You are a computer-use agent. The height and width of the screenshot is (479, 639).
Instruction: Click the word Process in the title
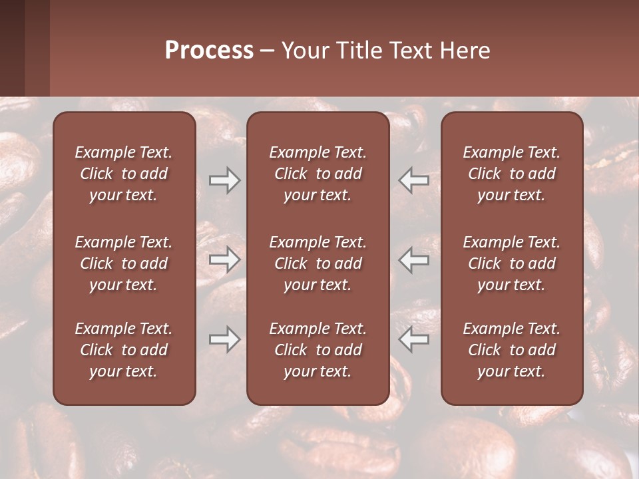click(209, 51)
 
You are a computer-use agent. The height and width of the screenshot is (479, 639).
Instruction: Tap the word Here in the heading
click(465, 51)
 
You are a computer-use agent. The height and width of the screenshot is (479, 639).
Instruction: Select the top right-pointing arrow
click(224, 180)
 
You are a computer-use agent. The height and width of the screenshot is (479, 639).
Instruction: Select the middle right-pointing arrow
click(224, 259)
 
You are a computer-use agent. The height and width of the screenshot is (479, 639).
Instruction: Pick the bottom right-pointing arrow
click(224, 339)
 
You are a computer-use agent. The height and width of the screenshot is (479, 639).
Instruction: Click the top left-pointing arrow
click(414, 180)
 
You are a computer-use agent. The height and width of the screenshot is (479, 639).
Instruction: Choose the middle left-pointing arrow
click(414, 259)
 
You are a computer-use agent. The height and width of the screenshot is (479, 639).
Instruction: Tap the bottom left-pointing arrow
click(414, 339)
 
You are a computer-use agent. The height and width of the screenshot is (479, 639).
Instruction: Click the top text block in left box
click(124, 174)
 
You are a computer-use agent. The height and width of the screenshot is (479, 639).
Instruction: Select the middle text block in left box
click(124, 263)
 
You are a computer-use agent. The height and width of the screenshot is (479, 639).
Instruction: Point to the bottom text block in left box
click(124, 350)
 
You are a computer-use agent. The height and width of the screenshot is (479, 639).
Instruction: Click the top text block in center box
click(318, 174)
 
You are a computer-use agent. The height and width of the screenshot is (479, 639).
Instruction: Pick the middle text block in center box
click(318, 263)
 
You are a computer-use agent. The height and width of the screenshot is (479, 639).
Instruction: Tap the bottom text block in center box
click(318, 350)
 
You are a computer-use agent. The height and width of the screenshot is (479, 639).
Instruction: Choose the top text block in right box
click(511, 174)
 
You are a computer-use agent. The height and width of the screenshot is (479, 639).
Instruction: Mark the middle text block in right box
click(511, 263)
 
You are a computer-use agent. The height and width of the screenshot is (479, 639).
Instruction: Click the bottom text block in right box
click(511, 350)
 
